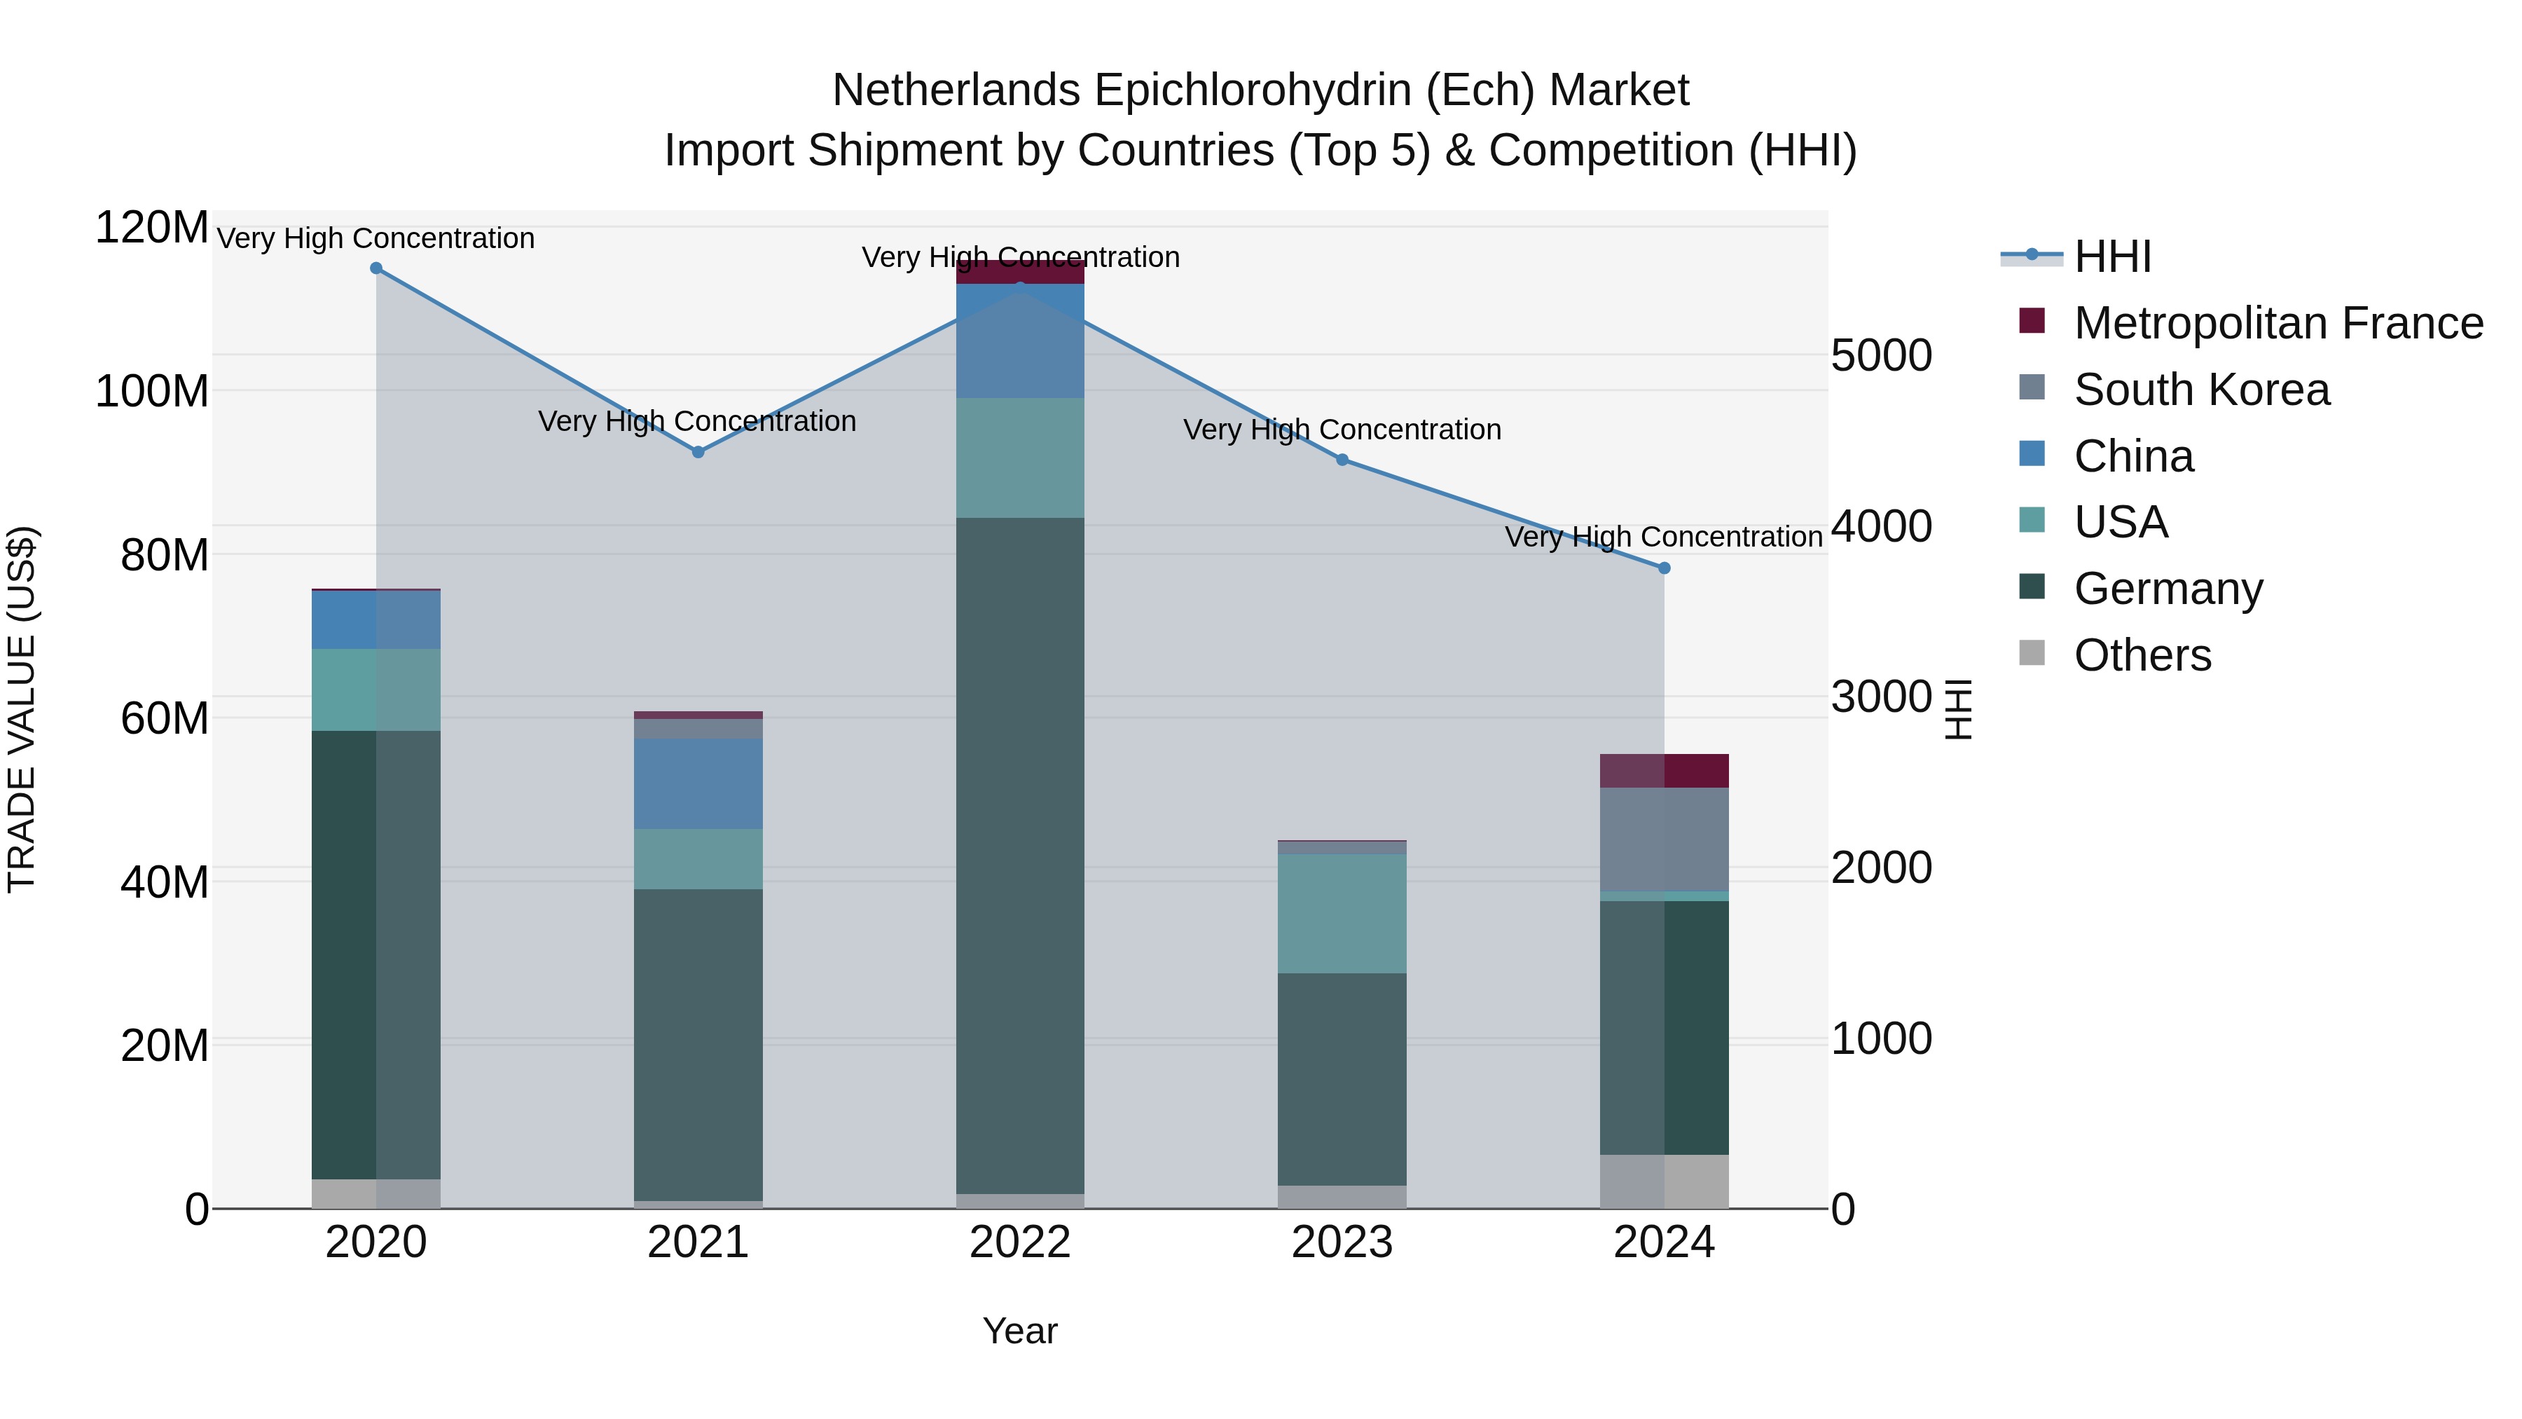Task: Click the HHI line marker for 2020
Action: pyautogui.click(x=376, y=268)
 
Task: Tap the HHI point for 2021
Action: pyautogui.click(x=698, y=453)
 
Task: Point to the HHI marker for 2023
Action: pyautogui.click(x=1342, y=459)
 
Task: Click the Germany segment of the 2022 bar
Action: pyautogui.click(x=1020, y=852)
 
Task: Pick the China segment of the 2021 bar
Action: pyautogui.click(x=698, y=783)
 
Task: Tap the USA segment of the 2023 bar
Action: pyautogui.click(x=1342, y=912)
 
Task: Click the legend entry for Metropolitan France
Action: pyautogui.click(x=2278, y=323)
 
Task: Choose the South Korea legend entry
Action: pyautogui.click(x=2201, y=390)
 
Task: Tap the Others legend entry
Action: pyautogui.click(x=2142, y=655)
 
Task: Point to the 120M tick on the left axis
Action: pyautogui.click(x=152, y=228)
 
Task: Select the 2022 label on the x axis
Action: pyautogui.click(x=1020, y=1242)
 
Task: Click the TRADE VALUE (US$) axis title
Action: pyautogui.click(x=22, y=709)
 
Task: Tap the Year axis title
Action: pyautogui.click(x=1020, y=1331)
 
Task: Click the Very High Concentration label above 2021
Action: pyautogui.click(x=697, y=421)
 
